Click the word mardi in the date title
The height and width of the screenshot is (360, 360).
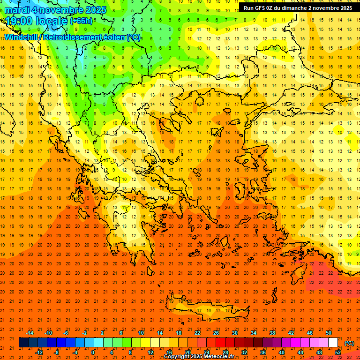coord(17,10)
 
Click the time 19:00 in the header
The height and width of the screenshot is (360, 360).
coord(20,21)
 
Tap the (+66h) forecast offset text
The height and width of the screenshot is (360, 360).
coord(81,21)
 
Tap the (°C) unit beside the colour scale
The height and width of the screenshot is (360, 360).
coord(349,343)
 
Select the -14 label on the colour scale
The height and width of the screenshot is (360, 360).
coord(29,333)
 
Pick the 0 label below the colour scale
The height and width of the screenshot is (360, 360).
coord(93,352)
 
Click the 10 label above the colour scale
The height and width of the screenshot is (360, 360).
coord(141,333)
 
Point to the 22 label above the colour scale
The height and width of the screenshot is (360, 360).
coord(197,333)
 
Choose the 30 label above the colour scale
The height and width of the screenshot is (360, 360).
coord(235,333)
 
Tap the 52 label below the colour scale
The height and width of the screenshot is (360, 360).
coord(338,352)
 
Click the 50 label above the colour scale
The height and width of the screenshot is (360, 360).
coord(329,333)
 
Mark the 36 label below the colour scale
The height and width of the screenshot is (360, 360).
coord(263,352)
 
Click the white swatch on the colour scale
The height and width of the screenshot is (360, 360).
coord(333,343)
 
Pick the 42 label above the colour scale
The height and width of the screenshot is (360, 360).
coord(291,333)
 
